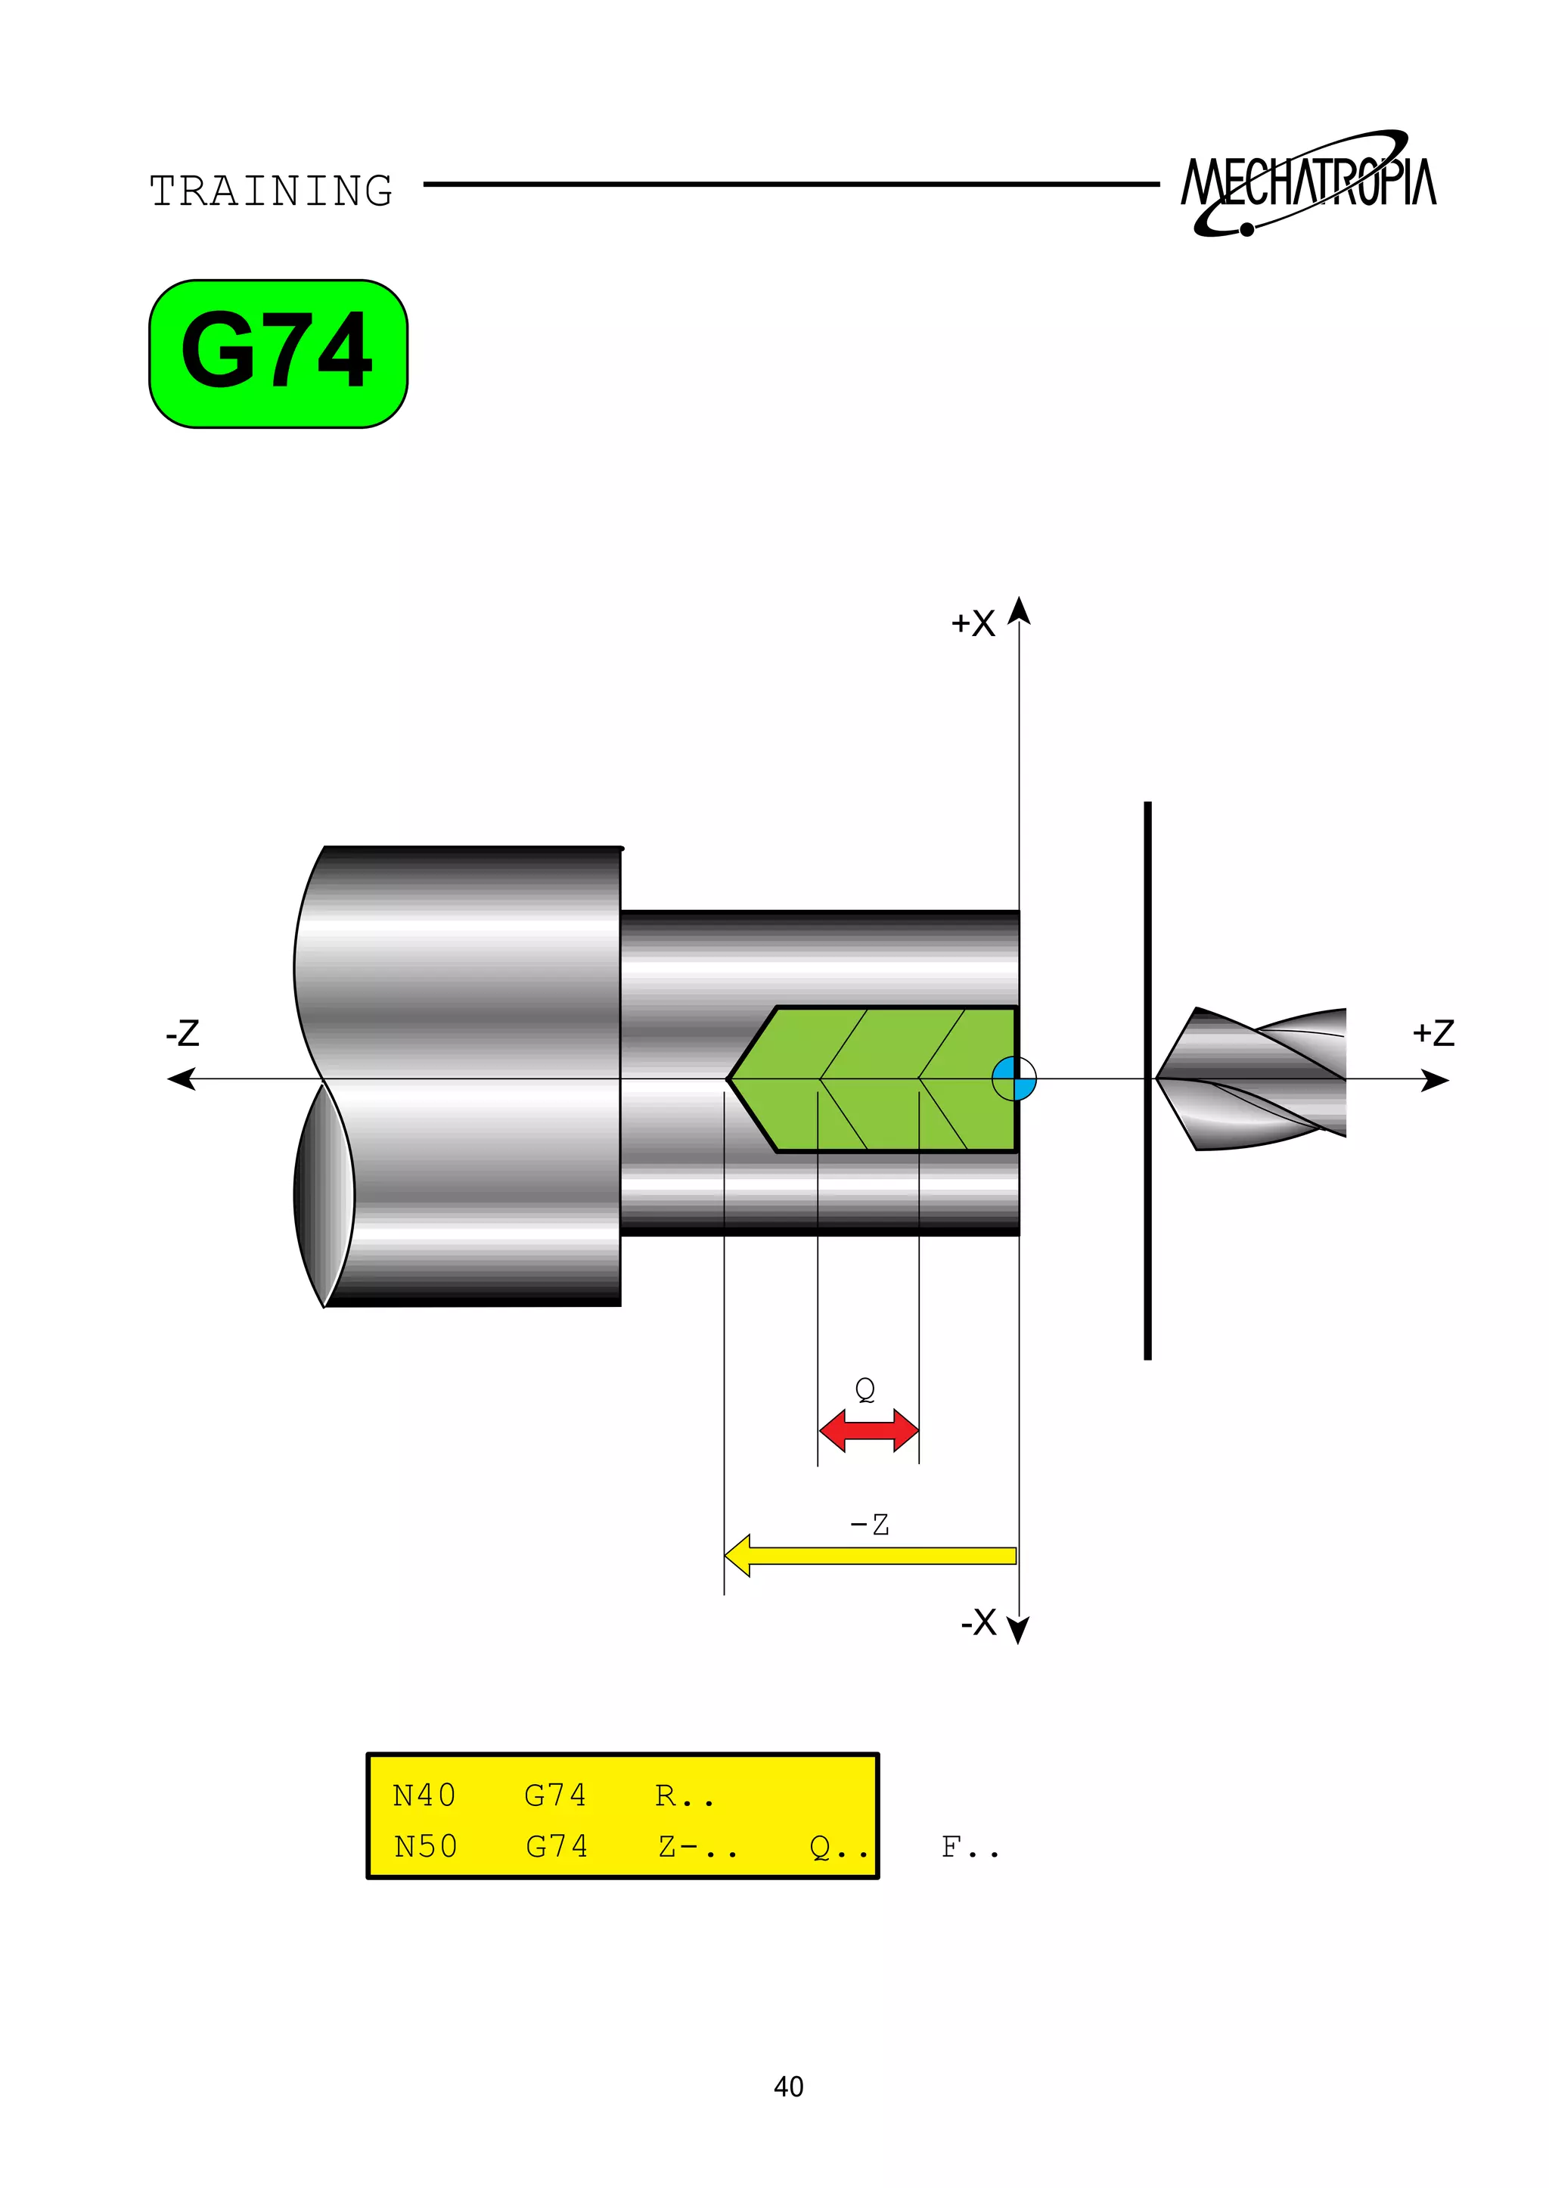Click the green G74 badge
point(278,353)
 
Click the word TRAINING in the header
point(271,191)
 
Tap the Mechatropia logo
point(1308,182)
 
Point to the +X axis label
point(973,624)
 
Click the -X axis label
point(979,1622)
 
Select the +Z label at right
point(1433,1033)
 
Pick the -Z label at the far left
point(182,1033)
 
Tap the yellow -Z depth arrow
point(870,1556)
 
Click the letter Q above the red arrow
point(865,1389)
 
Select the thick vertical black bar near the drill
point(1147,1080)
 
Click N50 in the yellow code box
point(425,1847)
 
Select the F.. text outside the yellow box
point(969,1848)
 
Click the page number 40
point(788,2087)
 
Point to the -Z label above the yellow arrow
point(869,1524)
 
